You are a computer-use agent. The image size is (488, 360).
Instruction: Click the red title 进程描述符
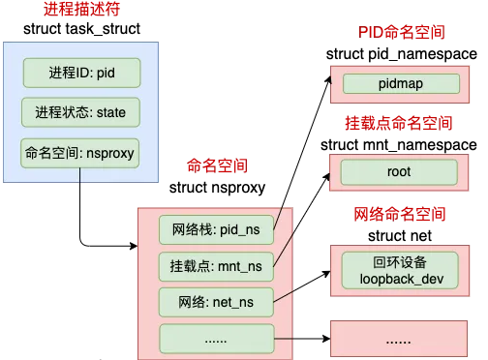[x=81, y=11]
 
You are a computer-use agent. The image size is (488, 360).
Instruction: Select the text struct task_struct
[x=81, y=30]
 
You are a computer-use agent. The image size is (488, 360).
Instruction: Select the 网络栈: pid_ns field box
[x=216, y=229]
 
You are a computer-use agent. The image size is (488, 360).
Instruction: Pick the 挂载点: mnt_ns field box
[x=216, y=264]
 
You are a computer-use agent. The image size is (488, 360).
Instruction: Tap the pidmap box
[x=399, y=84]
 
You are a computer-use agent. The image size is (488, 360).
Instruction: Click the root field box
[x=399, y=172]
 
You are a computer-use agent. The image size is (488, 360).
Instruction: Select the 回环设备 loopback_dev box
[x=399, y=270]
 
